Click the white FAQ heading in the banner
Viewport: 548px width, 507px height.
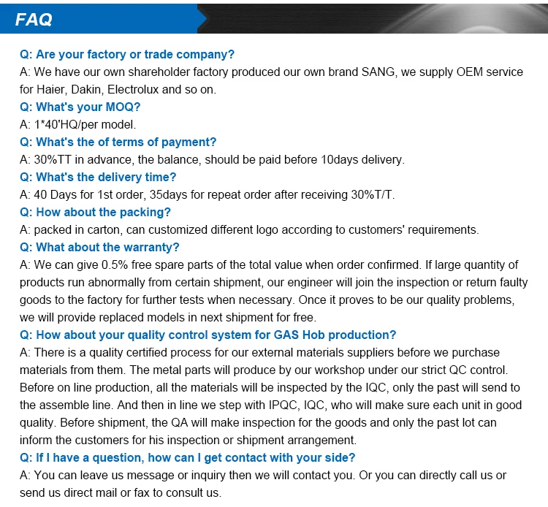click(x=34, y=20)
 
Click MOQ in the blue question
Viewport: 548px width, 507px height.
click(x=123, y=107)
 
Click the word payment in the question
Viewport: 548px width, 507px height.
click(x=192, y=142)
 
